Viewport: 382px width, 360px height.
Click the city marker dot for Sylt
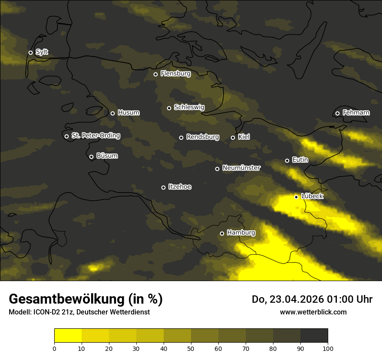30,52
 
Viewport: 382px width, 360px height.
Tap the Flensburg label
175,74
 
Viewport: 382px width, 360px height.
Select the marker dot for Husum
112,113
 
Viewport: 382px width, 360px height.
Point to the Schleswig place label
189,107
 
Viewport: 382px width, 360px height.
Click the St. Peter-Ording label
95,135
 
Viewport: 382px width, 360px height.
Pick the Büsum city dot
91,157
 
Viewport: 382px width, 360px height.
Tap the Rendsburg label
202,137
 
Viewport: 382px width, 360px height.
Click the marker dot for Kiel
233,137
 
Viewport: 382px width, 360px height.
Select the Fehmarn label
356,113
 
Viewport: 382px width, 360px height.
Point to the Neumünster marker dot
217,169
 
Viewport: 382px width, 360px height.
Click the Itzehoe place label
179,187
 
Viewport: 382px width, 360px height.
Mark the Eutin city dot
287,160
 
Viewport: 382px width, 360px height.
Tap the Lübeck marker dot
296,197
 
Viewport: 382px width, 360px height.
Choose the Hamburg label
241,233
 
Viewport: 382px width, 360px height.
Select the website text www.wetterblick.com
313,312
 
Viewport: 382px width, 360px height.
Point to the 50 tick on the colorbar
191,348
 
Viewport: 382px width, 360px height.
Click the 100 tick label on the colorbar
328,348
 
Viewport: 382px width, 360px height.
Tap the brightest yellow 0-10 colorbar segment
68,335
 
